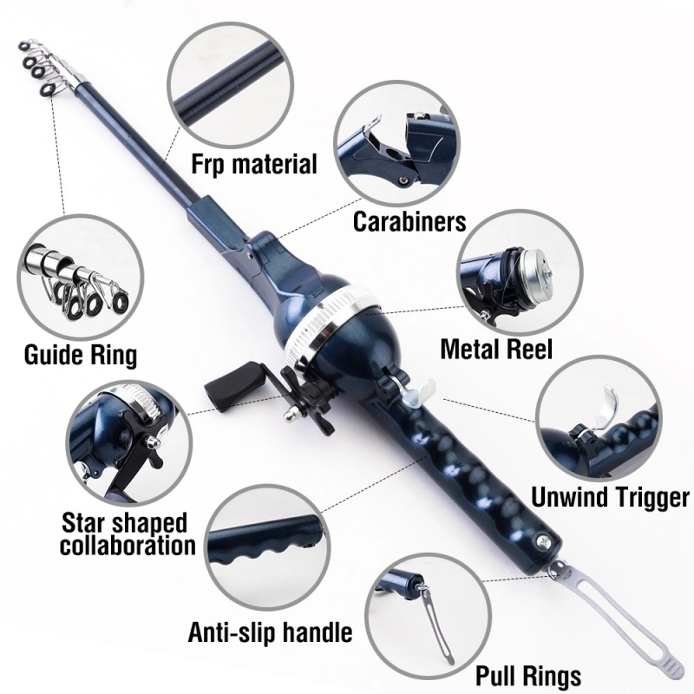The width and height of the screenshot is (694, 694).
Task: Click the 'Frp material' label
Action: point(254,165)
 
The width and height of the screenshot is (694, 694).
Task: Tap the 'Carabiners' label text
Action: point(409,221)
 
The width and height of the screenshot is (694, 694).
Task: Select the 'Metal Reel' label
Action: point(496,349)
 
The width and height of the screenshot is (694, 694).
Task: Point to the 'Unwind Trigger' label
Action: point(610,497)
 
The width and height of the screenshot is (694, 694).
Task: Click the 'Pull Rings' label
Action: point(528,677)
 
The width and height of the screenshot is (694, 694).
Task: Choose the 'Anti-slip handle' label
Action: point(270,632)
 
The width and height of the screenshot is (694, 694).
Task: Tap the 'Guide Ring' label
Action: point(81,356)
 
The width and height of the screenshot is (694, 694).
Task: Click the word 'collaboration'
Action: point(128,546)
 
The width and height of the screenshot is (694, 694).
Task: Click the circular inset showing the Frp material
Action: point(230,83)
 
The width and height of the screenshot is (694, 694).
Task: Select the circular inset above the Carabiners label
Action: point(397,143)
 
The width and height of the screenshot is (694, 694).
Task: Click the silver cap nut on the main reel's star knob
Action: point(291,415)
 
